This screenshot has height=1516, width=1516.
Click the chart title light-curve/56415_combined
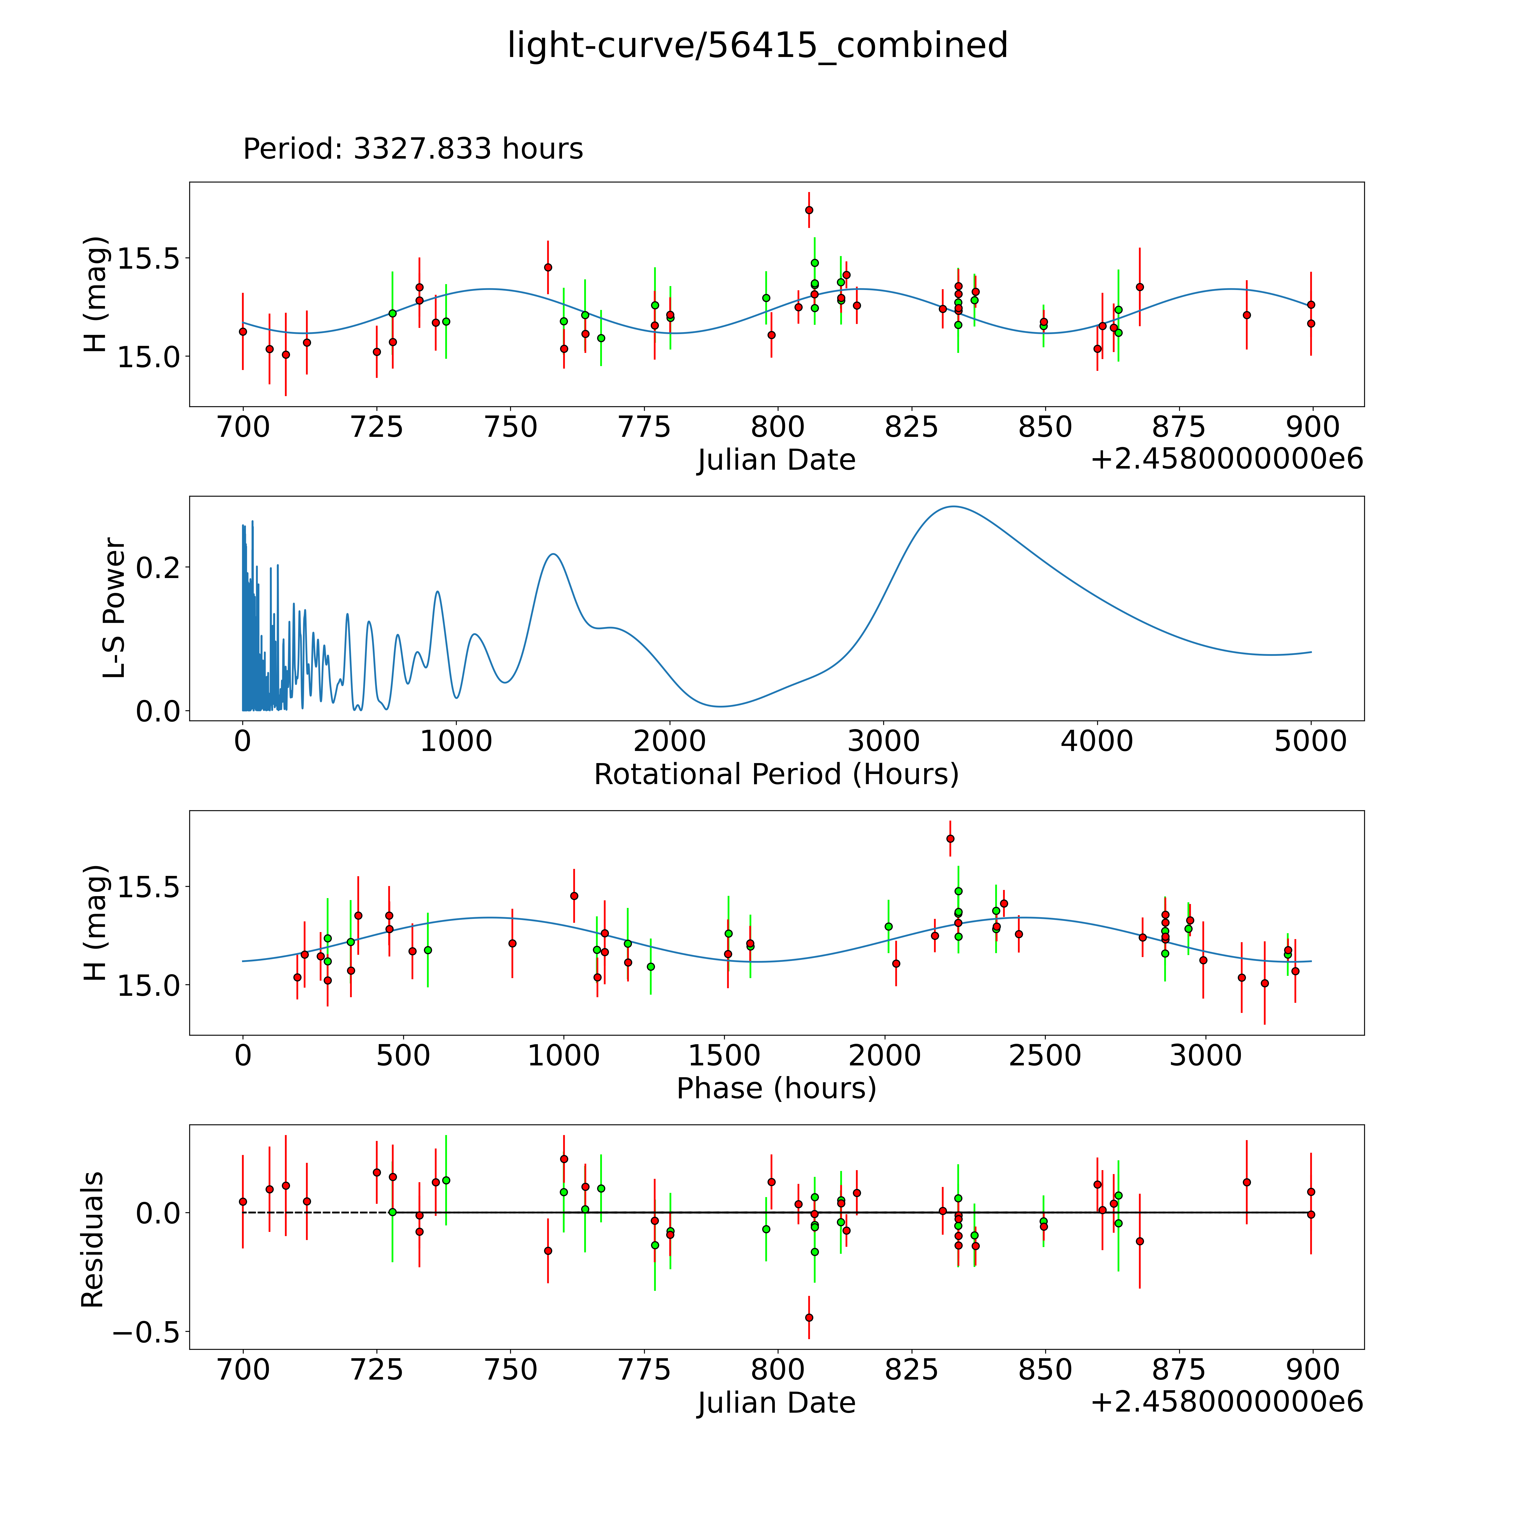[757, 45]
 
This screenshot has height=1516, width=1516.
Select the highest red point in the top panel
[809, 210]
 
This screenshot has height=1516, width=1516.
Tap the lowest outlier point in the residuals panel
[809, 1318]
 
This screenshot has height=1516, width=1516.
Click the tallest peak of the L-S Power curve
[953, 507]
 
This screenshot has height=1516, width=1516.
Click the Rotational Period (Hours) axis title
[776, 775]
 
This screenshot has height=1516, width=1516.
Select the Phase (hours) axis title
[776, 1088]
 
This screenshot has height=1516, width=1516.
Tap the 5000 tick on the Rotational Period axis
[1310, 741]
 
